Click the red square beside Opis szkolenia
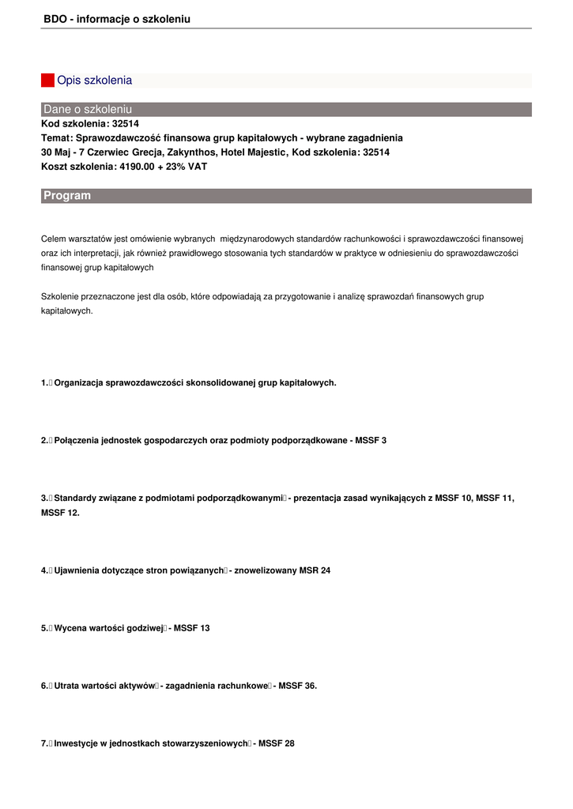point(47,81)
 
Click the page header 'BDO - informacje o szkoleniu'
point(117,18)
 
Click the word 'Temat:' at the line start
point(56,137)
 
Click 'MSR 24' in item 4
point(315,570)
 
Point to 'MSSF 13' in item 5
point(192,628)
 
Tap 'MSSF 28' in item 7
point(277,743)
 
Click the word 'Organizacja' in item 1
point(78,382)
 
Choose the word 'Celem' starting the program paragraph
point(53,239)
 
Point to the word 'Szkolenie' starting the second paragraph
point(59,296)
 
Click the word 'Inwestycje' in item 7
point(76,743)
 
